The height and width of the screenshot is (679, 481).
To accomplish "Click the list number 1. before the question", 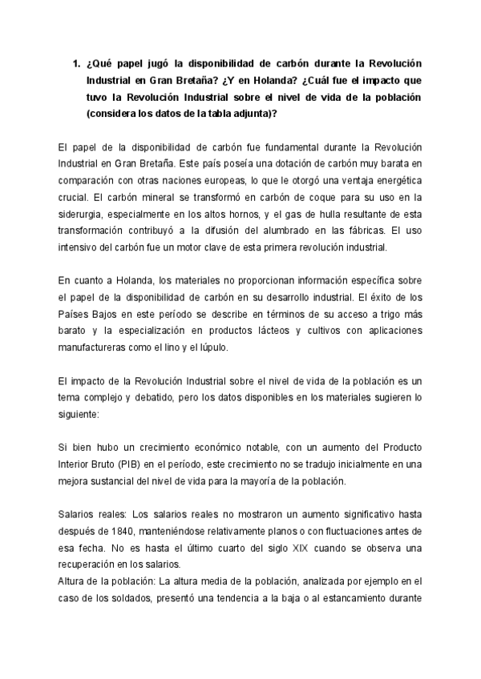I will click(76, 62).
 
